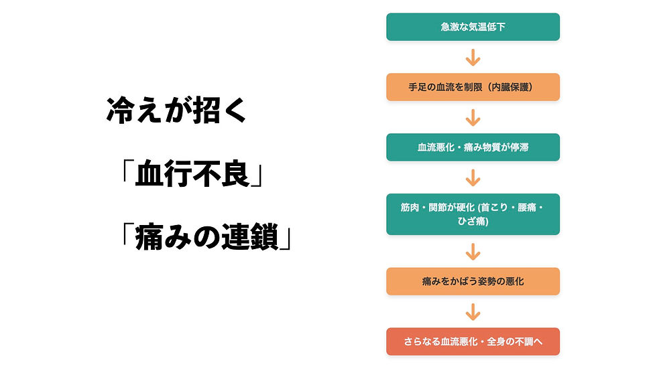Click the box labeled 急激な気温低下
473,27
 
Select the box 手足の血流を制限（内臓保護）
473,87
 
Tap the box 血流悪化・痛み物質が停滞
473,147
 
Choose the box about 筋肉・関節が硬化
473,214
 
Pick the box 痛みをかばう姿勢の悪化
473,281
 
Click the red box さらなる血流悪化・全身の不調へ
473,342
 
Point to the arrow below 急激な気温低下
473,57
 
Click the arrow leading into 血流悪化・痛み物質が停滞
473,117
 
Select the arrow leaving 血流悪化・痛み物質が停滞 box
473,177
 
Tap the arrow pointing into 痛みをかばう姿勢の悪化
473,251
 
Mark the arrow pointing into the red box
473,311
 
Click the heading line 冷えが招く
176,111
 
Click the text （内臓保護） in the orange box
510,87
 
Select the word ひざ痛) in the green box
473,222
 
